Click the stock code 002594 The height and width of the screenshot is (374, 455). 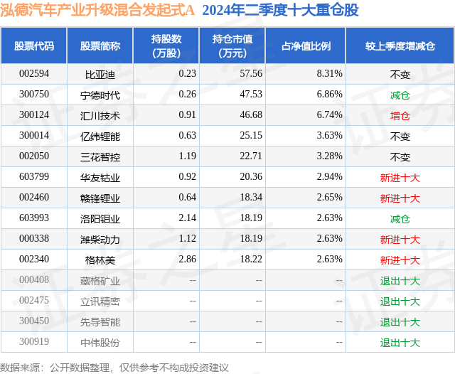[x=34, y=74]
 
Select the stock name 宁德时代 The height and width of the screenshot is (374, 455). [x=100, y=95]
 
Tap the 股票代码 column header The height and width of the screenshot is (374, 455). [x=34, y=46]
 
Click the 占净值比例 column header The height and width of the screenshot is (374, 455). [x=306, y=46]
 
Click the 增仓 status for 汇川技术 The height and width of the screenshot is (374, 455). [x=400, y=115]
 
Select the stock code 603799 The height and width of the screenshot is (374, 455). [x=34, y=178]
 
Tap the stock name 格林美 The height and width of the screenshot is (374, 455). [x=100, y=260]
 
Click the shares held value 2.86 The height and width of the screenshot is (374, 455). [x=187, y=260]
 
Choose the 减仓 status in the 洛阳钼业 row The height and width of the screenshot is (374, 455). [x=400, y=219]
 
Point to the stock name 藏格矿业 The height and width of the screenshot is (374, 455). [x=100, y=281]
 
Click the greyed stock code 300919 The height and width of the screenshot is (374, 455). [x=34, y=343]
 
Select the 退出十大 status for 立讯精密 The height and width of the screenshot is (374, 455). [x=400, y=301]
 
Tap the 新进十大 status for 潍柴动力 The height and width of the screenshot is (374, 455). [x=400, y=240]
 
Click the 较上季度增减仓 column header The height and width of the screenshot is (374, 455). [x=400, y=46]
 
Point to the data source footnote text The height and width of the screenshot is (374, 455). [x=114, y=367]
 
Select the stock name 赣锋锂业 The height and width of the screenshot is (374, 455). [x=100, y=198]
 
